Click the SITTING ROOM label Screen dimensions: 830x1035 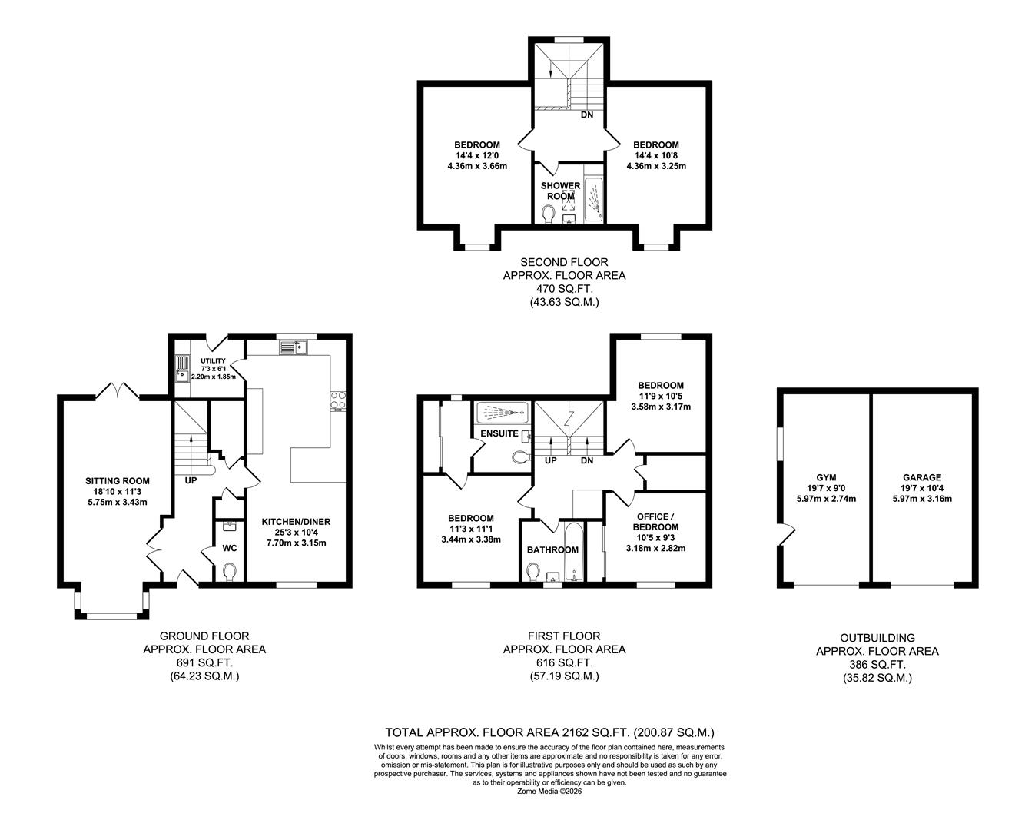[x=117, y=481]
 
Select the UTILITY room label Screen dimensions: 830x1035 [x=213, y=361]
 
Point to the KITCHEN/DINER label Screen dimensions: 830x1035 [x=296, y=522]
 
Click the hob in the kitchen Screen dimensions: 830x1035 [x=338, y=400]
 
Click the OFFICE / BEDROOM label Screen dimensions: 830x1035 [x=655, y=522]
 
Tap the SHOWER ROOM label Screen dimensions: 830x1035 [x=560, y=191]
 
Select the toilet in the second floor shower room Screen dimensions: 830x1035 [x=549, y=213]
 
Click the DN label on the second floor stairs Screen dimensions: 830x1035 [x=586, y=115]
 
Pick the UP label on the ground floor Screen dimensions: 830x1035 [x=190, y=480]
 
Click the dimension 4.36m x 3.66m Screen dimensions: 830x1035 [x=476, y=165]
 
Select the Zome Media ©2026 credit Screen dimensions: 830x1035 [x=549, y=791]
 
